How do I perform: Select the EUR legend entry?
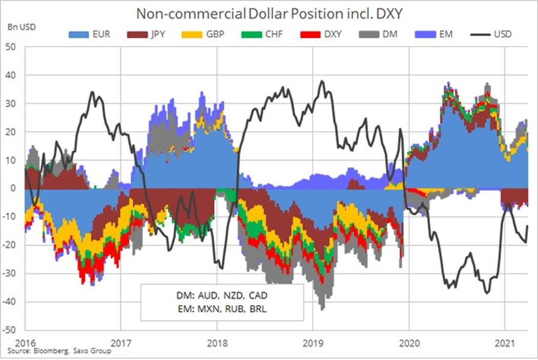(x=90, y=34)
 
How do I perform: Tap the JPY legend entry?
(x=147, y=34)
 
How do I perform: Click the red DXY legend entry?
(x=321, y=34)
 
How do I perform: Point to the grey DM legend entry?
(x=378, y=34)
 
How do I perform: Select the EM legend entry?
(x=434, y=34)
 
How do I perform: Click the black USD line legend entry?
(x=491, y=34)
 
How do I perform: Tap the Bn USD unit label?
(x=22, y=27)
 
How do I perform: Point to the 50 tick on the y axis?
(x=11, y=47)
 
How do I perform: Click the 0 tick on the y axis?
(x=13, y=188)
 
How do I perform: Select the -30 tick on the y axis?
(x=9, y=273)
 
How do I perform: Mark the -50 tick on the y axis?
(x=9, y=330)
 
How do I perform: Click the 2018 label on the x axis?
(x=217, y=343)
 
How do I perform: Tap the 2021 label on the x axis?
(x=505, y=343)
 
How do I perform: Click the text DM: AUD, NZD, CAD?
(x=222, y=295)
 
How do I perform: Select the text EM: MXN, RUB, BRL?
(x=222, y=309)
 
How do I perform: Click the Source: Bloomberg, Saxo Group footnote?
(x=59, y=351)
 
